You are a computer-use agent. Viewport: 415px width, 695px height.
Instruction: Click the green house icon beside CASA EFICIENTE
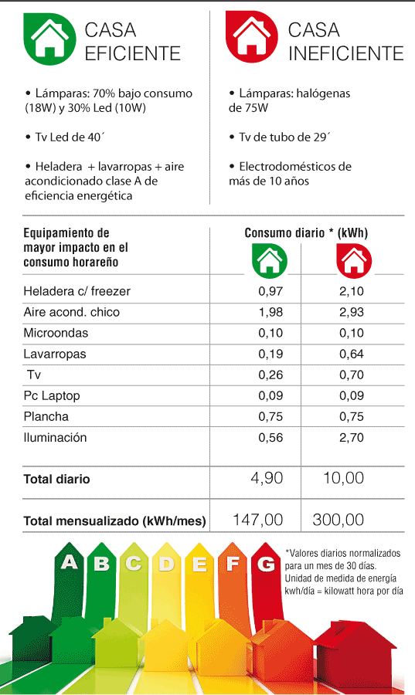pos(49,39)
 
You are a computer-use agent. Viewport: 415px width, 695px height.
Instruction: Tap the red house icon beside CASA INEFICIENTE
pos(252,37)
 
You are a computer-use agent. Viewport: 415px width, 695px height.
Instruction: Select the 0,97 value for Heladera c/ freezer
pos(270,291)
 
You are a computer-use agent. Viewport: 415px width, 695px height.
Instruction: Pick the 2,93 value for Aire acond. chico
pos(352,312)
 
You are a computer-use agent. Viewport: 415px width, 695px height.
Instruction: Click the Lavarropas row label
pos(55,354)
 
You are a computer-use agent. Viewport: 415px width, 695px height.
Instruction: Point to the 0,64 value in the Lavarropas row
pos(352,354)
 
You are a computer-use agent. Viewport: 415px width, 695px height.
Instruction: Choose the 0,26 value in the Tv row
pos(270,375)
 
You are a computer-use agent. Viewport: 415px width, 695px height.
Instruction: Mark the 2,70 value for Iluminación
pos(352,438)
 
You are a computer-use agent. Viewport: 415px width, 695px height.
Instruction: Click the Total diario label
pos(56,479)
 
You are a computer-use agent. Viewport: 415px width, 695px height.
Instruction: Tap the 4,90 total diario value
pos(267,478)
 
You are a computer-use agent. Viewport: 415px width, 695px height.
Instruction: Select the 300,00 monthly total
pos(338,520)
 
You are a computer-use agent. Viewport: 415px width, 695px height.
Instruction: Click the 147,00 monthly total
pos(258,520)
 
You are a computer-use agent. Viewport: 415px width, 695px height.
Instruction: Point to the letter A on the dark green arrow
pos(70,562)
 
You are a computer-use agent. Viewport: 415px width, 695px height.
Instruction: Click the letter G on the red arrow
pos(266,564)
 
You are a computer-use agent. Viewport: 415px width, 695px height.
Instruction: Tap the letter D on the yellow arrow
pos(167,564)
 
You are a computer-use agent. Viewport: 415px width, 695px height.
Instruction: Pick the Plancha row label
pos(46,417)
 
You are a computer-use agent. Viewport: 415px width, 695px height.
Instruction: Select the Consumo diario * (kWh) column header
pos(306,233)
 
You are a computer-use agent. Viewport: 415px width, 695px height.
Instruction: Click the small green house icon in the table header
pos(270,261)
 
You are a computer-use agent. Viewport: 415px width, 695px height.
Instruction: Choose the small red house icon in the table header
pos(354,261)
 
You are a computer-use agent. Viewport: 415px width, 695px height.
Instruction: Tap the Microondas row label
pos(56,333)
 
